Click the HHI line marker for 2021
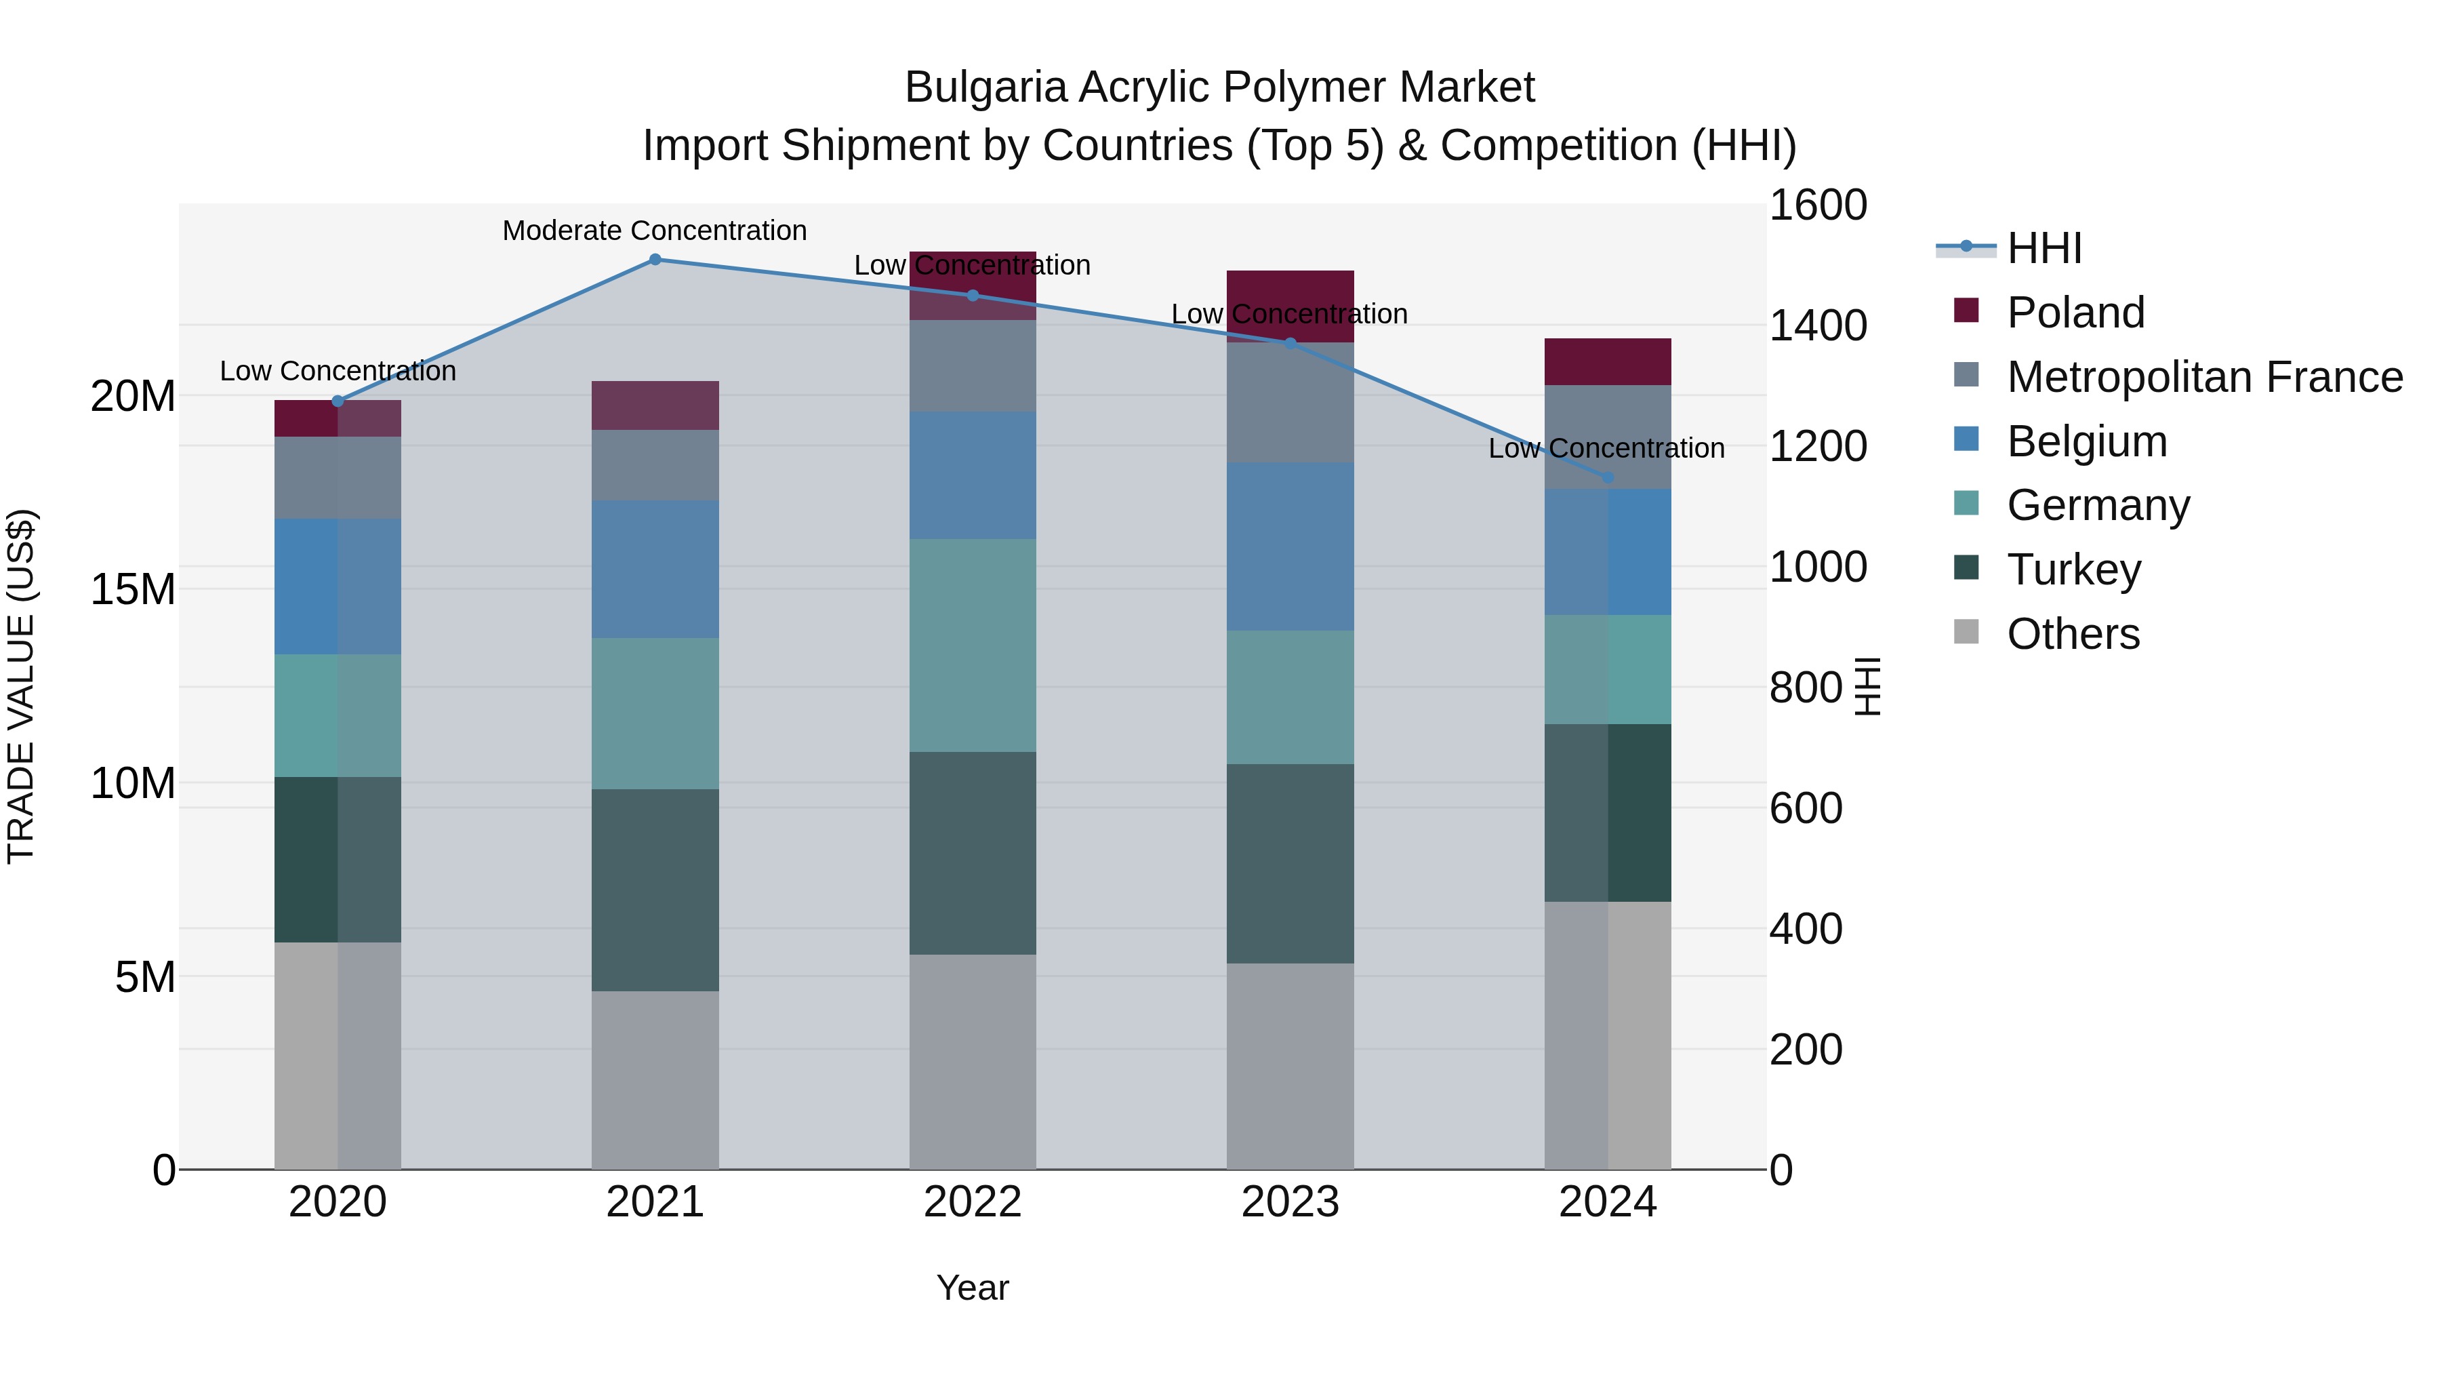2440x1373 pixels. pos(655,260)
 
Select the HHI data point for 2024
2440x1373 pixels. pos(1608,477)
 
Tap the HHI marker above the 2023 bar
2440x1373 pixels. pos(1290,344)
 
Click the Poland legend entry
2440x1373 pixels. pos(2075,312)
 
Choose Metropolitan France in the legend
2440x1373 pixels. pos(2204,376)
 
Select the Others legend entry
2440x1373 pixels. pos(2073,633)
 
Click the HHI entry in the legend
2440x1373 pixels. pos(2044,248)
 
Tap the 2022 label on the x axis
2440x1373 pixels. pos(972,1202)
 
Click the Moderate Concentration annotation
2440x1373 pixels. pos(655,231)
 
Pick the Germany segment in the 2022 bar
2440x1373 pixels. pos(972,645)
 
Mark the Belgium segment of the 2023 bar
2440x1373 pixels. pos(1290,546)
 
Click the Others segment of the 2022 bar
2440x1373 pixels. pos(972,1061)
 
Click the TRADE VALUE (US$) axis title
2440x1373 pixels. pos(21,686)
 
